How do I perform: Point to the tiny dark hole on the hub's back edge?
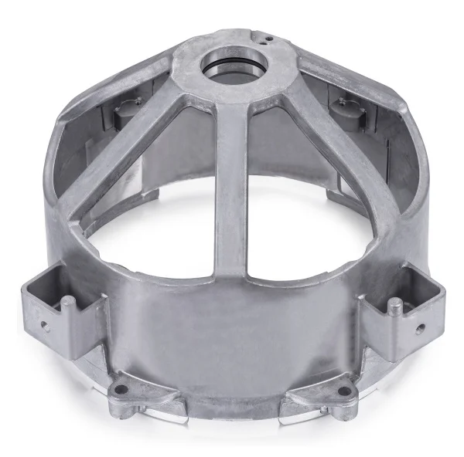pyautogui.click(x=264, y=34)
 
